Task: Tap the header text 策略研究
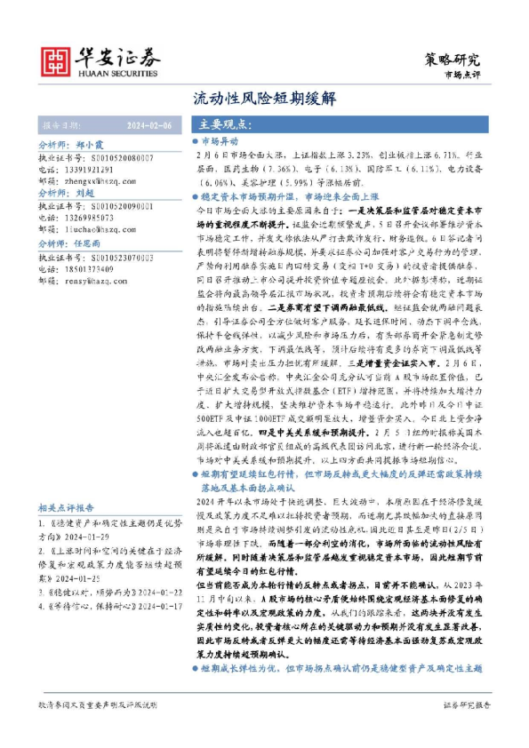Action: (x=453, y=60)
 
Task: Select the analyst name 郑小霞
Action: (x=92, y=143)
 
